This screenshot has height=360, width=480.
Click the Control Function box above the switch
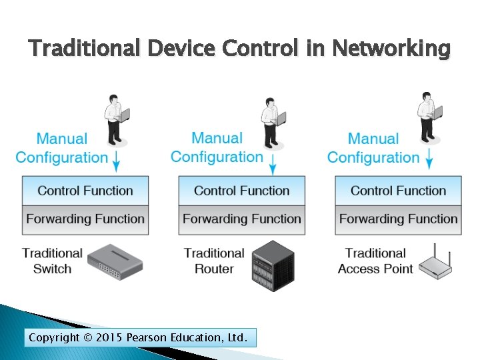pyautogui.click(x=85, y=191)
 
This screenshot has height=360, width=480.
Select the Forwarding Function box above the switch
pyautogui.click(x=85, y=219)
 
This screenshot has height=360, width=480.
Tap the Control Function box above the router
pyautogui.click(x=241, y=191)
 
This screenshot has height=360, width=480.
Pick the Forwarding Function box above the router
pyautogui.click(x=241, y=219)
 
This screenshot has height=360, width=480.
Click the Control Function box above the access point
pyautogui.click(x=398, y=191)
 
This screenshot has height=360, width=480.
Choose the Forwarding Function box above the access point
pyautogui.click(x=398, y=219)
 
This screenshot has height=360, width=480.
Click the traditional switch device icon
pyautogui.click(x=115, y=261)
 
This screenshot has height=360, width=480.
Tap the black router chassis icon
pyautogui.click(x=272, y=265)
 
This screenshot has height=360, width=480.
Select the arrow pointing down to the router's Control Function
pyautogui.click(x=273, y=160)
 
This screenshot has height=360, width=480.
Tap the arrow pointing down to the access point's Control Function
pyautogui.click(x=429, y=159)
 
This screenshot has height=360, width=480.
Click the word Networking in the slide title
pyautogui.click(x=391, y=49)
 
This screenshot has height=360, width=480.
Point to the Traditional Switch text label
pyautogui.click(x=52, y=261)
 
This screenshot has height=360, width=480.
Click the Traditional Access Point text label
pyautogui.click(x=375, y=261)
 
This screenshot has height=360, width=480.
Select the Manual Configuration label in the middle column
pyautogui.click(x=217, y=147)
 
